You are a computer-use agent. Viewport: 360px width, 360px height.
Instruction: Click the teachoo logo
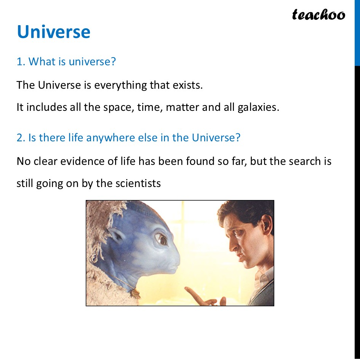[318, 15]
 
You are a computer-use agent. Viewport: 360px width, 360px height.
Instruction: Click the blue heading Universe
[54, 32]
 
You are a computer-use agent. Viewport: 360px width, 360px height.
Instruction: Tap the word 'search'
[305, 161]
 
